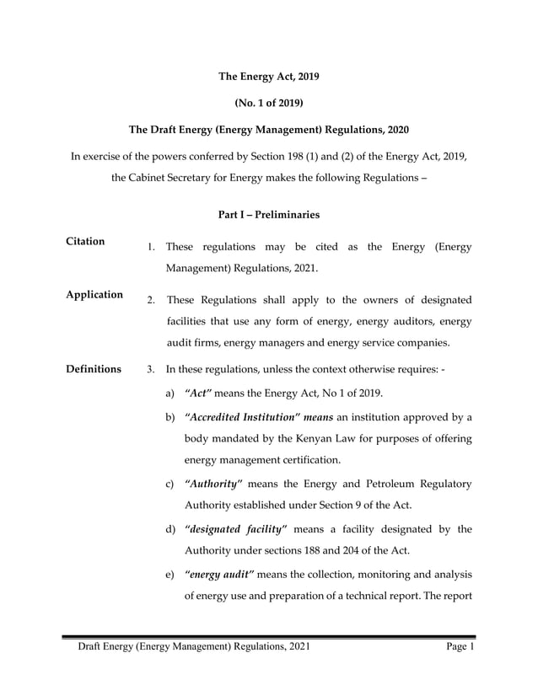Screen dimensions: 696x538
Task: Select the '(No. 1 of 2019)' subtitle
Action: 268,104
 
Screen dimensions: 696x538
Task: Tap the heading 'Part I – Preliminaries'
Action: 268,215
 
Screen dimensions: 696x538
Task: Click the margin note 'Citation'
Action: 85,242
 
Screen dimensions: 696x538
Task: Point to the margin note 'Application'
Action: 94,295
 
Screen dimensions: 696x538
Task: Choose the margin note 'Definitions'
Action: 94,369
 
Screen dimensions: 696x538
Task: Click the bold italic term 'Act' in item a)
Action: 199,394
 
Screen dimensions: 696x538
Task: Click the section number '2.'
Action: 150,300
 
